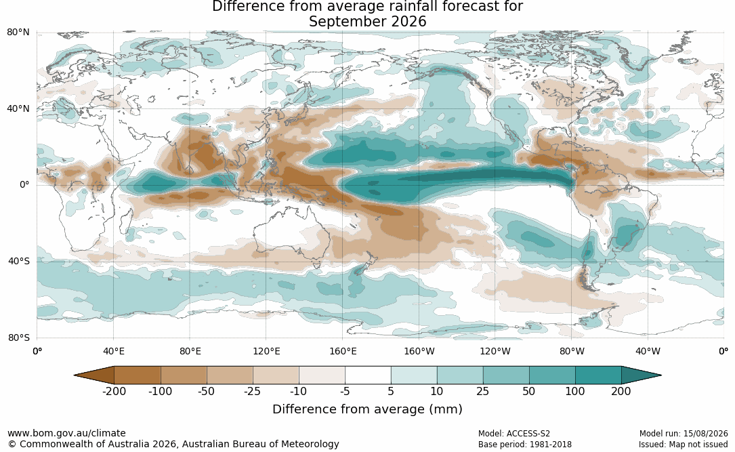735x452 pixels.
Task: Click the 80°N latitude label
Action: (x=18, y=32)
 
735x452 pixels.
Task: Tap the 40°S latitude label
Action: (x=19, y=261)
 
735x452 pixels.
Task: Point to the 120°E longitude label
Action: (x=266, y=351)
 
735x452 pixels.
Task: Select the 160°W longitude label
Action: (x=419, y=351)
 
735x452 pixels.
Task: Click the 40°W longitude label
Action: (x=648, y=351)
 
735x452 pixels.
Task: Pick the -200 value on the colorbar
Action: (x=114, y=391)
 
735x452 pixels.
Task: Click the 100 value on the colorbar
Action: (x=575, y=391)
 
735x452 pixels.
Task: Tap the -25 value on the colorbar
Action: (x=252, y=391)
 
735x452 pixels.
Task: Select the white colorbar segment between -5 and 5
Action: (x=368, y=375)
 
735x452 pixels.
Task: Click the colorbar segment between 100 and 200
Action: (x=599, y=375)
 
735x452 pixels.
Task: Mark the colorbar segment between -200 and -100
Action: (x=138, y=375)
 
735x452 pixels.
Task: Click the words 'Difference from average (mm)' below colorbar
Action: (x=367, y=409)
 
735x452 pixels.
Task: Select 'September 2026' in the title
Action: (x=367, y=22)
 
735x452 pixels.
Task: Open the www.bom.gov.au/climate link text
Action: (x=66, y=433)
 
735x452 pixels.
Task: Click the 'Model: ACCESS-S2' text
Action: (x=514, y=434)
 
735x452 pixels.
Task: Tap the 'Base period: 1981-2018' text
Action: (x=525, y=445)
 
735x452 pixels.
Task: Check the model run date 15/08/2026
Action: (x=705, y=434)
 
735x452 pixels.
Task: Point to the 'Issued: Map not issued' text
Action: (x=683, y=445)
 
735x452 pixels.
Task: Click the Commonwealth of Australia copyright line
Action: (x=173, y=444)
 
